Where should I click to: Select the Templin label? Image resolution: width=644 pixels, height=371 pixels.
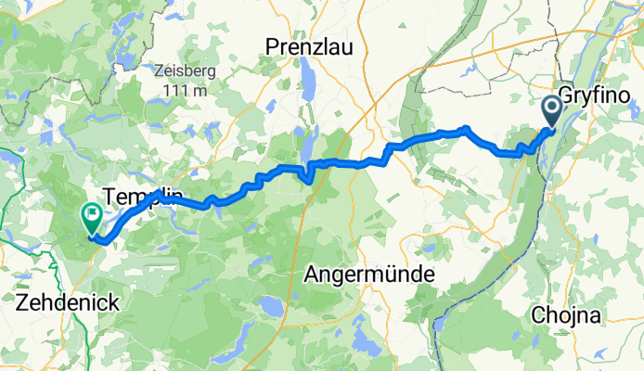139,197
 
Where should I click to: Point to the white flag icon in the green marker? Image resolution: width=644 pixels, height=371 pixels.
93,214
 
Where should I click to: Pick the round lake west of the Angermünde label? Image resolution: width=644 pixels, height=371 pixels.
270,307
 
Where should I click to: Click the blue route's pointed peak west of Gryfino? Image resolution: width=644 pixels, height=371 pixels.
466,129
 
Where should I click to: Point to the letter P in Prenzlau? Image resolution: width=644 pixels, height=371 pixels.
272,45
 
